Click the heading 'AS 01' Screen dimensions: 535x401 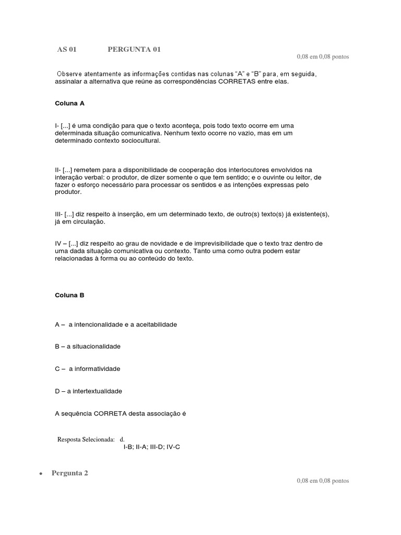click(x=67, y=50)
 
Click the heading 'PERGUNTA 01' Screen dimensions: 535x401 click(x=134, y=50)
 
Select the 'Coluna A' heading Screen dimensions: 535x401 click(x=69, y=103)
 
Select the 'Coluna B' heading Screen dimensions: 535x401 click(x=69, y=295)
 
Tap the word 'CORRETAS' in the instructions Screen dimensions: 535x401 click(x=211, y=82)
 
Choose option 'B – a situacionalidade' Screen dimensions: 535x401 click(x=88, y=346)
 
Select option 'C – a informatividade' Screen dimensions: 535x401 click(x=88, y=369)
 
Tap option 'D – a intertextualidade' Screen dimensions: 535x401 click(x=89, y=391)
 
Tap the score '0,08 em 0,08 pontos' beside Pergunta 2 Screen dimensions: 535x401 click(x=323, y=481)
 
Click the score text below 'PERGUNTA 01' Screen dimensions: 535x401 click(x=323, y=56)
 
